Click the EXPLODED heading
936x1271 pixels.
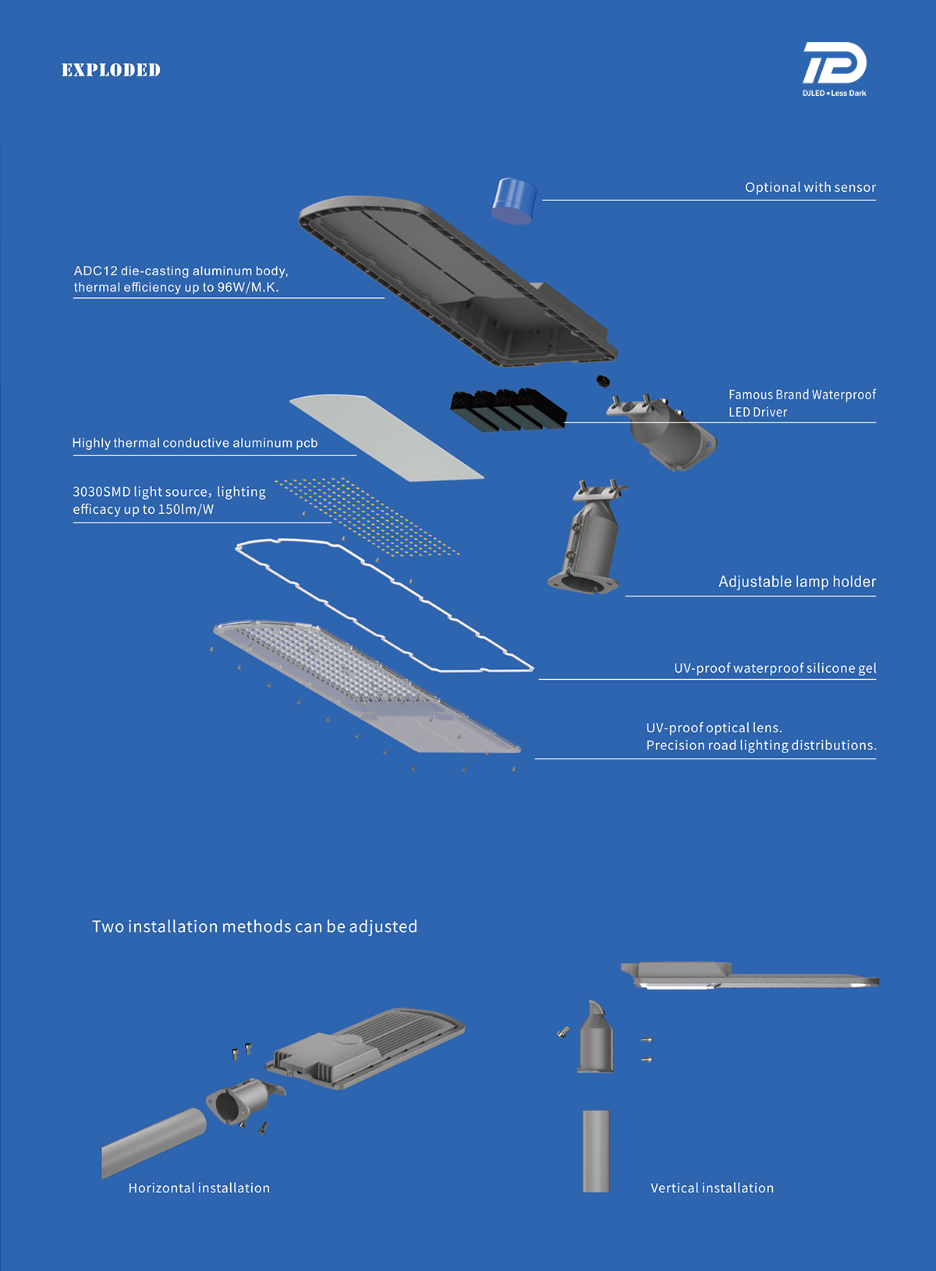111,70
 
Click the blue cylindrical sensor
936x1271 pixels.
514,200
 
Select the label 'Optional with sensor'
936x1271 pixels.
810,187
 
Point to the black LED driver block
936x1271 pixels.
507,409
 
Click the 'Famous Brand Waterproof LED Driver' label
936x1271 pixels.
801,403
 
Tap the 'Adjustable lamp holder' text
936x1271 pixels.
796,582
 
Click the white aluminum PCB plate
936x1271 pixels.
385,436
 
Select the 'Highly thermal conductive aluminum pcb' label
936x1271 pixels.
195,443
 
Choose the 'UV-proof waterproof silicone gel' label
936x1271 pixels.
775,668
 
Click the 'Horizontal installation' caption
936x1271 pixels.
199,1188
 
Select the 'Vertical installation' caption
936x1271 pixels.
711,1188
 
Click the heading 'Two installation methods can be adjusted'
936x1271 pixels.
254,926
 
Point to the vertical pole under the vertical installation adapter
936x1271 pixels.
596,1151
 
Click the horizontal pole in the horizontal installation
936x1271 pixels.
152,1142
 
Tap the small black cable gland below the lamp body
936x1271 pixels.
602,381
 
